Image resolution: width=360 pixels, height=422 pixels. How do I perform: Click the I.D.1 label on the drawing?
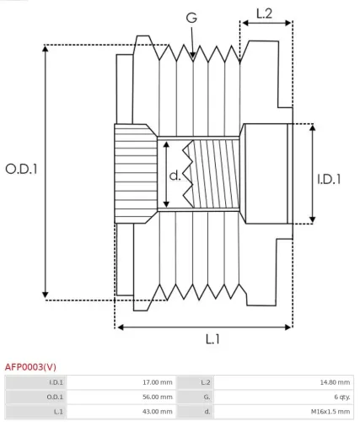329,179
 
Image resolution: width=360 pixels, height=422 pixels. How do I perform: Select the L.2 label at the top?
264,13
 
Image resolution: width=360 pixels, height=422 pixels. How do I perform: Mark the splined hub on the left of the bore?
134,174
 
